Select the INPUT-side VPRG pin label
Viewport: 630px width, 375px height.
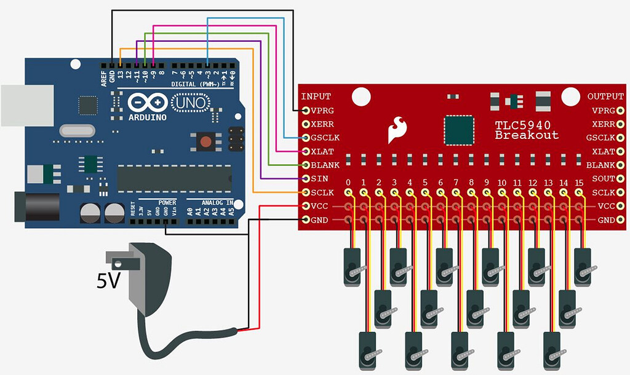[x=322, y=111]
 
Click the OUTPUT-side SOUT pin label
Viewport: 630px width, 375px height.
[x=602, y=179]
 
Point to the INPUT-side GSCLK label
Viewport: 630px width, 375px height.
[x=325, y=138]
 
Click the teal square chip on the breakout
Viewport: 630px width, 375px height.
[x=460, y=128]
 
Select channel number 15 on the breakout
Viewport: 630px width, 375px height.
[x=578, y=183]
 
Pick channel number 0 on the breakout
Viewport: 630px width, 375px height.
[x=348, y=183]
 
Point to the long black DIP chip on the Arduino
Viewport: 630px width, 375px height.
[x=173, y=178]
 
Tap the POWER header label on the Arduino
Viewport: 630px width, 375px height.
[x=167, y=202]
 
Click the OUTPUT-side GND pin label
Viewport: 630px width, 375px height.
[x=606, y=220]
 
